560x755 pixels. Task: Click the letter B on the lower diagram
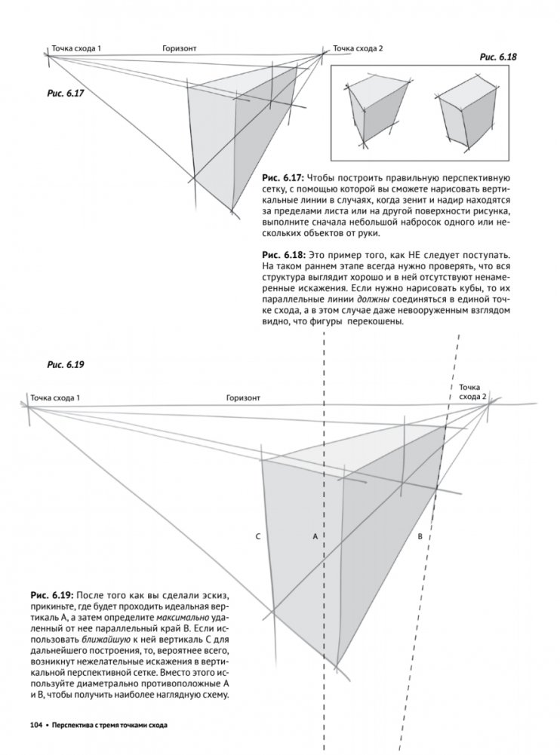420,536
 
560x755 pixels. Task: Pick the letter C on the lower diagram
257,536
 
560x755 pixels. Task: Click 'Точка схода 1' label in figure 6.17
76,48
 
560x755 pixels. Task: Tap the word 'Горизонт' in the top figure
179,48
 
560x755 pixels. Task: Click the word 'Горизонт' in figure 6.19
242,397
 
